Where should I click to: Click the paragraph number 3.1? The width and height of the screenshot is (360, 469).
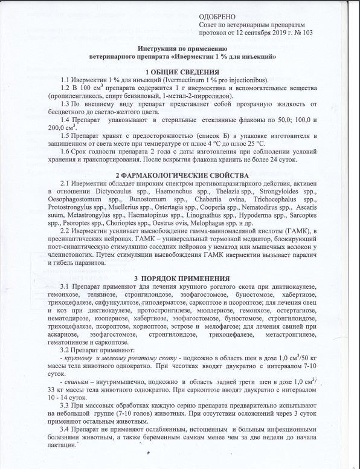pos(66,285)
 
